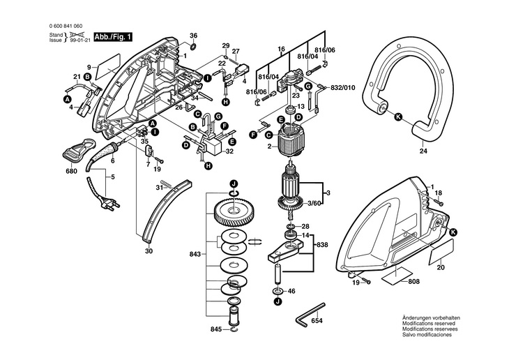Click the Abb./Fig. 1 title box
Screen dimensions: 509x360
[x=113, y=37]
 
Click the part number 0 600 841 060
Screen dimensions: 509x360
[x=66, y=26]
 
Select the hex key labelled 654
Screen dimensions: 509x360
[x=310, y=314]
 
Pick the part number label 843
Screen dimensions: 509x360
[x=195, y=254]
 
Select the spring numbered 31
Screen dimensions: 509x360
[x=166, y=184]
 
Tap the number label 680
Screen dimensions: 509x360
[x=71, y=171]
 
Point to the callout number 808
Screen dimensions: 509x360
[x=414, y=281]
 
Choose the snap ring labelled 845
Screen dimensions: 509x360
[x=234, y=329]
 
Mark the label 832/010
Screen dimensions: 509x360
[x=343, y=88]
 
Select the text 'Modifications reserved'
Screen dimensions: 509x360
[x=429, y=324]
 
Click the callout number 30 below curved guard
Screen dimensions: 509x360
[x=149, y=251]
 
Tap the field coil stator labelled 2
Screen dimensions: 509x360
[x=291, y=138]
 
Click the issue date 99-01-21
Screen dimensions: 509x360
[x=80, y=40]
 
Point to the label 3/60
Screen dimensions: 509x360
[x=314, y=204]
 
